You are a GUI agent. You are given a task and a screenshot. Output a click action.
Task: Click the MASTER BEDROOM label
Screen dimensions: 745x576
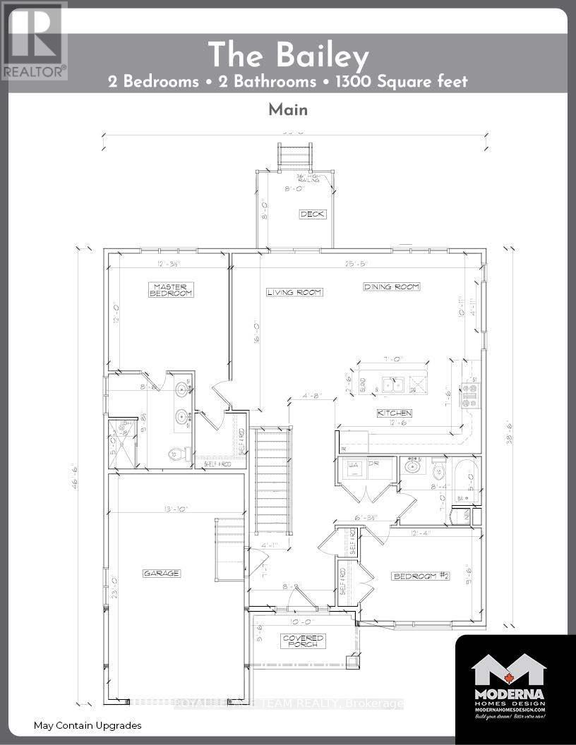coord(170,289)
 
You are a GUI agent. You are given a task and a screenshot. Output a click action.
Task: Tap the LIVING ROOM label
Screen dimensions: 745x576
coord(294,292)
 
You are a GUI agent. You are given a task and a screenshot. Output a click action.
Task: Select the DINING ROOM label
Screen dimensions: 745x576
coord(392,286)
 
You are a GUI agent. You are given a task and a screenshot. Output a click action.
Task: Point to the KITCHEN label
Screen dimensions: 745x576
coord(395,413)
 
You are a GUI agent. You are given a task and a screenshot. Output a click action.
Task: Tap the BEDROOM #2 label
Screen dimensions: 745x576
coord(421,576)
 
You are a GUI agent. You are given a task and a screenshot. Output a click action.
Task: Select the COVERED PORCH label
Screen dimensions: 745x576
coord(304,641)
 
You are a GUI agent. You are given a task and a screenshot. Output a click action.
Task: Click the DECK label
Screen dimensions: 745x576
coord(313,214)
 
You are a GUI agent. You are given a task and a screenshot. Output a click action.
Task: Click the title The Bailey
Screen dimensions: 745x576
coord(287,54)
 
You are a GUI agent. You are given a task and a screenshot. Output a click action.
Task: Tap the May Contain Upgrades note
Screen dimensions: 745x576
coord(88,725)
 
